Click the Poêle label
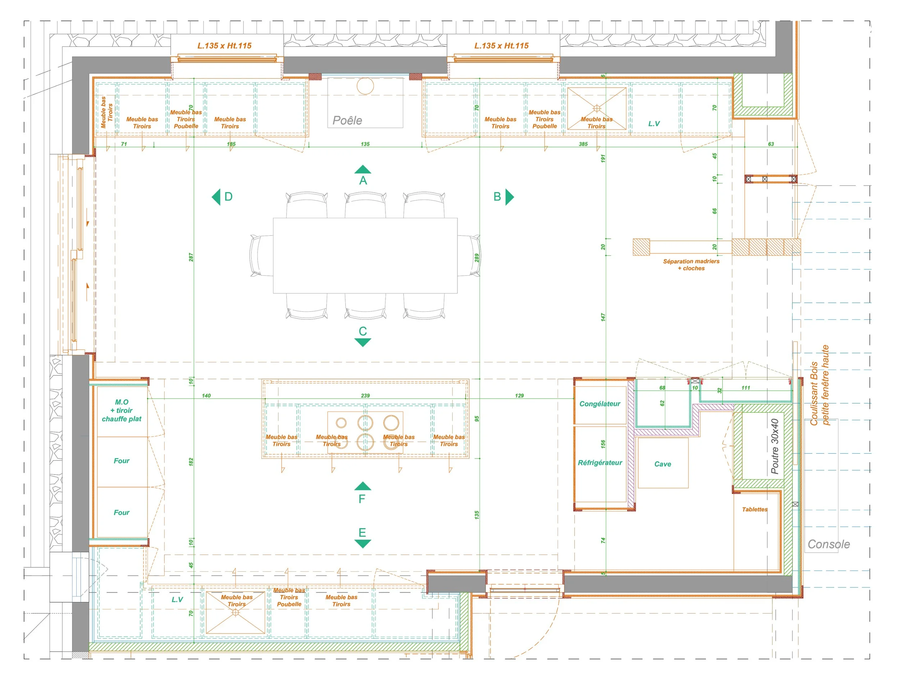(347, 120)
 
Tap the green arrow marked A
(362, 169)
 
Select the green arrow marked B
(510, 197)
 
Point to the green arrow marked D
(216, 197)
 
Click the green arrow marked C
(362, 342)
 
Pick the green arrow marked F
(362, 486)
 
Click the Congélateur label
(600, 404)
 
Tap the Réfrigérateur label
(600, 463)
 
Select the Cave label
(662, 464)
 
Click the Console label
(829, 544)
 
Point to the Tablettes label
(755, 509)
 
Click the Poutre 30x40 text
(775, 447)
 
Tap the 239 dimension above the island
(365, 395)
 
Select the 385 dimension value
(583, 144)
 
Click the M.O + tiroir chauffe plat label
(122, 411)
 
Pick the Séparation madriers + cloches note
(691, 265)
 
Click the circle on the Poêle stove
(365, 86)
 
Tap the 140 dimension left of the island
(206, 395)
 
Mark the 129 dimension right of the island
(519, 395)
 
